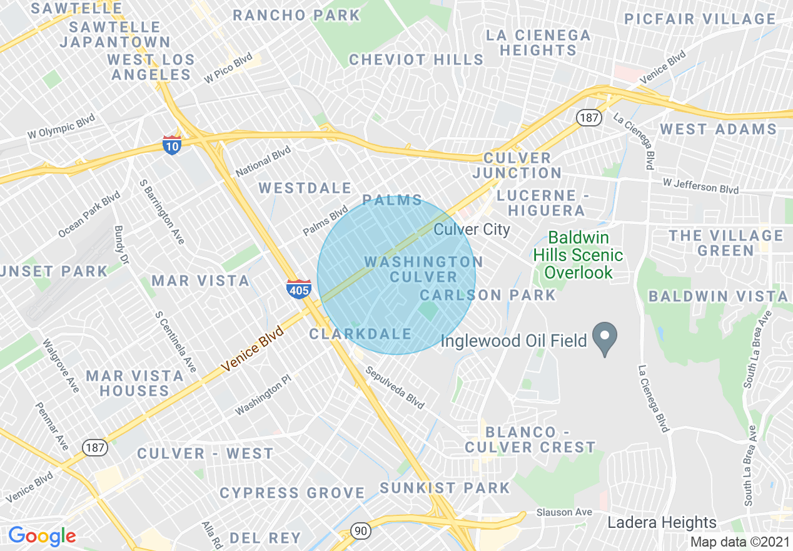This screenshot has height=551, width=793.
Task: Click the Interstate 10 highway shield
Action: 171,145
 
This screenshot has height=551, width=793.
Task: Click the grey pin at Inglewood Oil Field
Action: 605,338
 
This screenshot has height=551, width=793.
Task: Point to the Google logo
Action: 42,536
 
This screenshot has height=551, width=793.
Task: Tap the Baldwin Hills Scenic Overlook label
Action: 578,255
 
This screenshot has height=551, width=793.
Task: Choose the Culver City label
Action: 472,229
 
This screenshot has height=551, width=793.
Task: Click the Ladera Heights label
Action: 662,522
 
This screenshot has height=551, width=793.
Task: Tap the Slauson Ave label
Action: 563,512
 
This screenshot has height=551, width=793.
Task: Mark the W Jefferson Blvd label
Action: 700,185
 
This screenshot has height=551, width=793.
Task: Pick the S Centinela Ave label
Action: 176,341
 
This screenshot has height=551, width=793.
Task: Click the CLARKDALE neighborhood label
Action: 361,334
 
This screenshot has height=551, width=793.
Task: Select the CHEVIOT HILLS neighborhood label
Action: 416,59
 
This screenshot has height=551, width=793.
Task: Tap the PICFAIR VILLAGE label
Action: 700,19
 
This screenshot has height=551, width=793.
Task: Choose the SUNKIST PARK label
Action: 445,487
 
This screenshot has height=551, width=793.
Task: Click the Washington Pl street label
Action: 263,399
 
